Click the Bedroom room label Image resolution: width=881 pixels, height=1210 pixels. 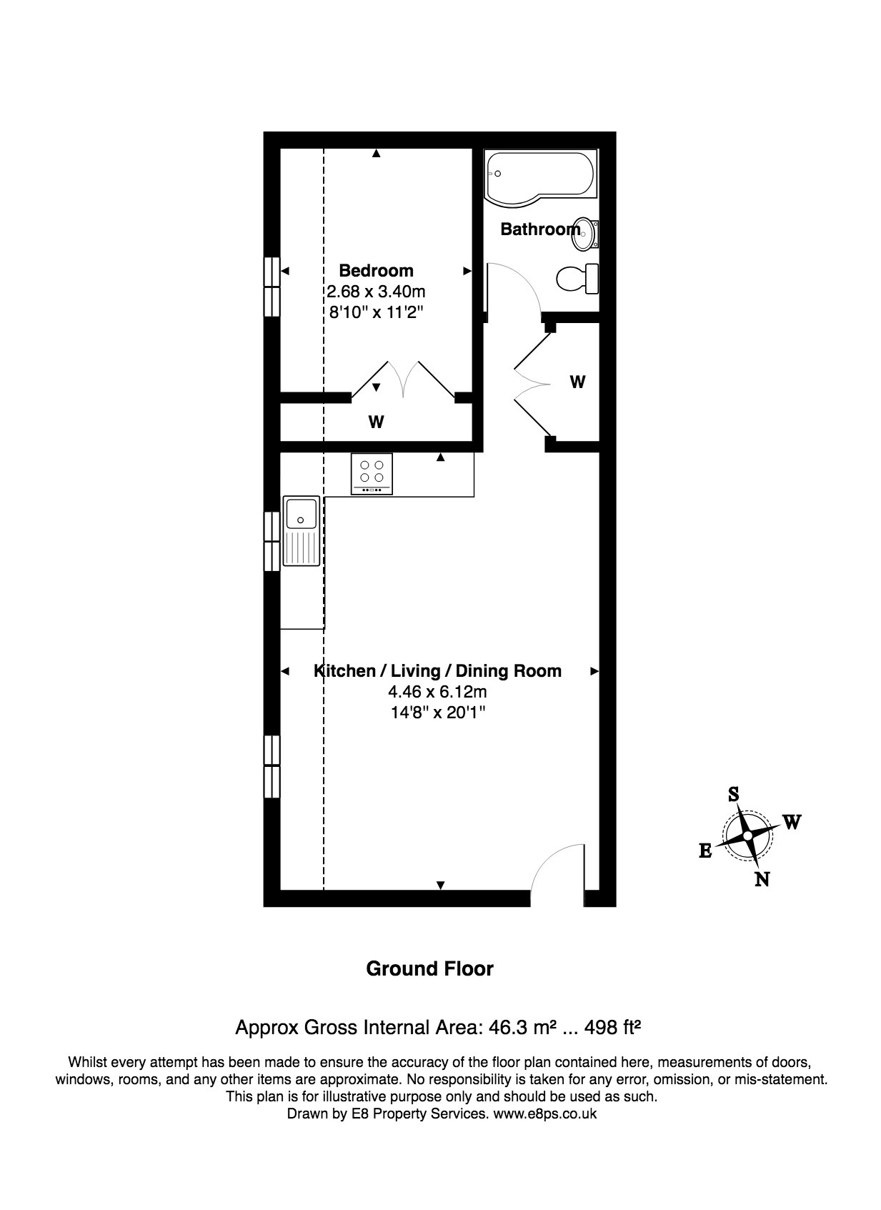(x=376, y=271)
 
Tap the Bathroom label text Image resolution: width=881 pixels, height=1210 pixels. (x=539, y=229)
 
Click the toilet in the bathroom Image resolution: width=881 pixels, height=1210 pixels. (x=576, y=278)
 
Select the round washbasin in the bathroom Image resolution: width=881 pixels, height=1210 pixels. (x=585, y=234)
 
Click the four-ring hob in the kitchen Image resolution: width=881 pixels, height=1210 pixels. (x=372, y=472)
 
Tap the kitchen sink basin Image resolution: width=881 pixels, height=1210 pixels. (x=301, y=513)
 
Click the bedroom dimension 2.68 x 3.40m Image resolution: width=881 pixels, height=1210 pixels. (x=376, y=292)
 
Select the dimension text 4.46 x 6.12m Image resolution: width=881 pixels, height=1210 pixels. (x=437, y=692)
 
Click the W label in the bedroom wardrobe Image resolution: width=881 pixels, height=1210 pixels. (x=376, y=422)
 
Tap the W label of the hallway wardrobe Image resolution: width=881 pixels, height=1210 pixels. (x=577, y=382)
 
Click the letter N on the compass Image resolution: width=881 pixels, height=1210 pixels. (x=762, y=880)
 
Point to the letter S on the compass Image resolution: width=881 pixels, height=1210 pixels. (x=733, y=794)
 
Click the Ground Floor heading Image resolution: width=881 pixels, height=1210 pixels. (x=429, y=969)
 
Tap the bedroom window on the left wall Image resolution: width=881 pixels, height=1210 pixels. (x=272, y=286)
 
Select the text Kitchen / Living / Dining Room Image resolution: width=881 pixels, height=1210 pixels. (x=437, y=671)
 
